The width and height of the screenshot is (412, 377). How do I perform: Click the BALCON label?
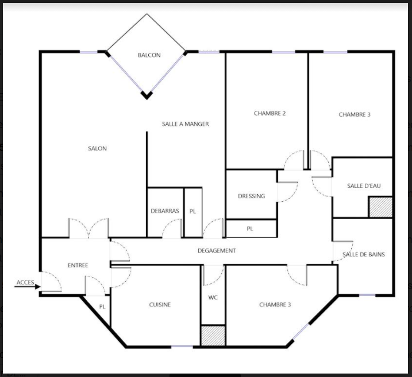click(149, 55)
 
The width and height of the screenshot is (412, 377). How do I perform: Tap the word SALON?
click(97, 148)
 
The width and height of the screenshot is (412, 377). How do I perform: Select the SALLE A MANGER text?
click(185, 124)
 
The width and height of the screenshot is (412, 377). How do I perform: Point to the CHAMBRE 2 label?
click(269, 113)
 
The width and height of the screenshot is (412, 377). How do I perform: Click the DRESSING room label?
click(251, 196)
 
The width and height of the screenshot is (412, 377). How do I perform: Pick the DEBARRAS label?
click(165, 211)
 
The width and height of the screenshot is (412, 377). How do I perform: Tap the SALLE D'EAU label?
click(364, 186)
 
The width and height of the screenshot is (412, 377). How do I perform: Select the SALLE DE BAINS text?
click(364, 255)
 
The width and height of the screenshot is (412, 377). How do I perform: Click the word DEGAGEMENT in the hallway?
click(217, 251)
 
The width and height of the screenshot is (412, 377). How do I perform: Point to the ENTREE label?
click(78, 266)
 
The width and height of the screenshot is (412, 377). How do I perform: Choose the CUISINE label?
click(160, 305)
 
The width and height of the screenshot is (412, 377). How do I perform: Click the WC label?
click(213, 297)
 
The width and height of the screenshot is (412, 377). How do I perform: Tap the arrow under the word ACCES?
click(28, 287)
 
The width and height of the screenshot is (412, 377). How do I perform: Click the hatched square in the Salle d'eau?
click(381, 207)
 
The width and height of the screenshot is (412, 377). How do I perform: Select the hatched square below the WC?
click(213, 336)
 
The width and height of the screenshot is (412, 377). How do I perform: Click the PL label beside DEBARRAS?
click(192, 211)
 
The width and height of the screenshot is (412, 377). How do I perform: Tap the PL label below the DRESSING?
click(250, 229)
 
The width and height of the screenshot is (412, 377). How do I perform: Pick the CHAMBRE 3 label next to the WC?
click(275, 305)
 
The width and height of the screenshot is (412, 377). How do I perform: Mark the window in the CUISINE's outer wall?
click(182, 347)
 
